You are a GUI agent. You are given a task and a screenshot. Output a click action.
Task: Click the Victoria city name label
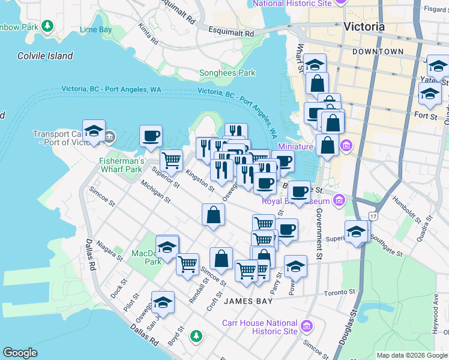coord(364,27)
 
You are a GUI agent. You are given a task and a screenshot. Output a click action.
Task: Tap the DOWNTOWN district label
coord(378,52)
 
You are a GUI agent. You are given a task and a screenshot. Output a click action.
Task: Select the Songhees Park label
coord(227,73)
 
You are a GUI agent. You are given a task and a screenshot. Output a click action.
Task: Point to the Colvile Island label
coord(45,56)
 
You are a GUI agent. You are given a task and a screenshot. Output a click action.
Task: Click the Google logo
coord(20,353)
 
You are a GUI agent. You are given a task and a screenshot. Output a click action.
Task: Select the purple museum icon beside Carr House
coord(307,326)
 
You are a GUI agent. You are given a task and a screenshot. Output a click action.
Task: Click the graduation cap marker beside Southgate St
coord(356,231)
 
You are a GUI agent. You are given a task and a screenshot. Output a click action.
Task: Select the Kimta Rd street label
coord(148,36)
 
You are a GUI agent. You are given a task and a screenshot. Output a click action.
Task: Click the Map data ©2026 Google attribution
coord(411,355)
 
